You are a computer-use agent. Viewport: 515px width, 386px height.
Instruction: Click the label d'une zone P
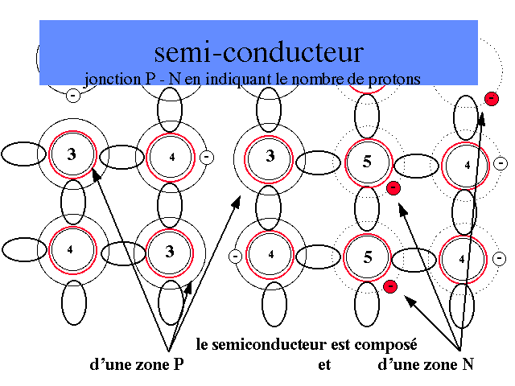(142, 364)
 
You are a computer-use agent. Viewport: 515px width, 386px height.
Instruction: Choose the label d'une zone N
(426, 364)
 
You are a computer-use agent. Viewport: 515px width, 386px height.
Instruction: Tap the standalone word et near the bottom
(325, 364)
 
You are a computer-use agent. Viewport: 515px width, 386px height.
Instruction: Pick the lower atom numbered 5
(367, 257)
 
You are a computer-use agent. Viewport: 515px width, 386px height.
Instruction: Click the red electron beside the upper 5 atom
(393, 188)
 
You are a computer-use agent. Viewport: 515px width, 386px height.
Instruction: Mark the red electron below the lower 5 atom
(389, 286)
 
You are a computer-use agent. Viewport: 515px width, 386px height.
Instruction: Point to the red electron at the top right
(490, 98)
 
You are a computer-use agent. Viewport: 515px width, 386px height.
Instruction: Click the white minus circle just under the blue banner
(73, 96)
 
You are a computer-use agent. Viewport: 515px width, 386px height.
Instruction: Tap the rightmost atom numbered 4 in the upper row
(467, 165)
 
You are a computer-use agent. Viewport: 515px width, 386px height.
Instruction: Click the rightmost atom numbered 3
(270, 155)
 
